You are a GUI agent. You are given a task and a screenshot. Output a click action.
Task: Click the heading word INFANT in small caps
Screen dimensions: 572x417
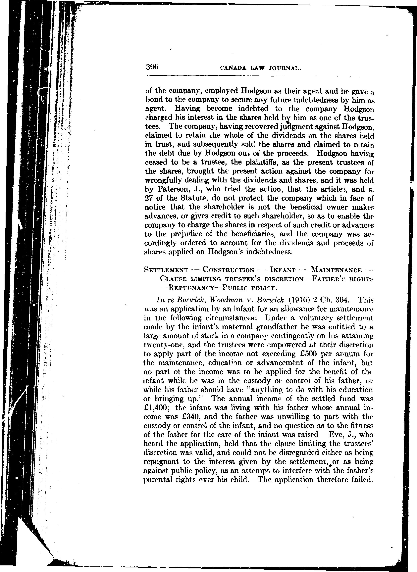click(283, 270)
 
